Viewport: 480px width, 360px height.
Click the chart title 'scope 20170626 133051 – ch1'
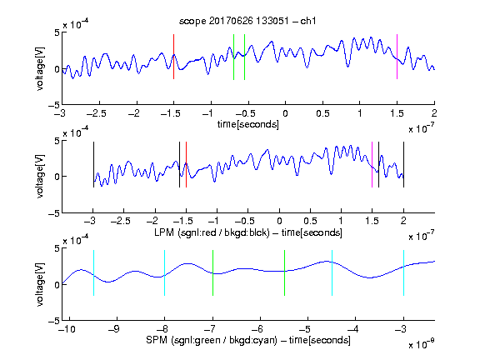click(x=247, y=21)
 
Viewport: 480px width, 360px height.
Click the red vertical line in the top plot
click(x=173, y=57)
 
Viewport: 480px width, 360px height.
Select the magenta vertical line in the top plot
click(x=397, y=57)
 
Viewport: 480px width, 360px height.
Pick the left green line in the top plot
click(x=233, y=57)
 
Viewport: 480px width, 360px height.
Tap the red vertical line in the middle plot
click(x=186, y=164)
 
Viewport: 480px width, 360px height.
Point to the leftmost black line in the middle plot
click(x=93, y=164)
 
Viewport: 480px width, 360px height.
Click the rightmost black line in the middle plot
click(x=403, y=164)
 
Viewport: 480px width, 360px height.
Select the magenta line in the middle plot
click(x=372, y=164)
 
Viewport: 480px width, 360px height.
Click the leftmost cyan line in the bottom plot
click(x=93, y=272)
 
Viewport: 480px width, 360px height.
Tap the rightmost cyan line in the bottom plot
click(x=403, y=272)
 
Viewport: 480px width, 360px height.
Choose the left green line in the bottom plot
click(x=212, y=272)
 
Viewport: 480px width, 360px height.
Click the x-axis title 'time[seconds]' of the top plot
click(x=248, y=124)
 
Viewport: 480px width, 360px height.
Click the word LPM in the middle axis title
click(x=164, y=232)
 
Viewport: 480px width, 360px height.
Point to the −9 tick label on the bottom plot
click(x=114, y=329)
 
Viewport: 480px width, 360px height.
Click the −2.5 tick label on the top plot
click(x=97, y=113)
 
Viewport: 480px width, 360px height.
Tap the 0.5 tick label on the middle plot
click(x=310, y=221)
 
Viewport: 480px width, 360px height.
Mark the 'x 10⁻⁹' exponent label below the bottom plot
click(x=421, y=344)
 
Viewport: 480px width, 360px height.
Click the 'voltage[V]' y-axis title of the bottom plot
click(x=40, y=285)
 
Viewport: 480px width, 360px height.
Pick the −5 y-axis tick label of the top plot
click(x=54, y=105)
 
